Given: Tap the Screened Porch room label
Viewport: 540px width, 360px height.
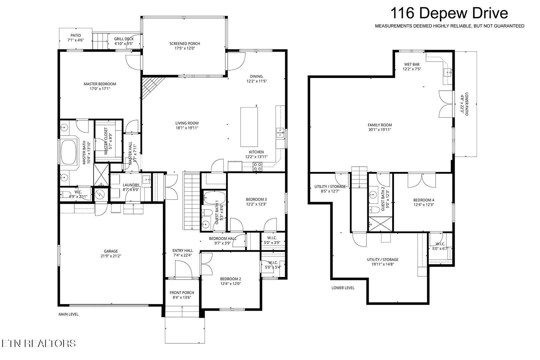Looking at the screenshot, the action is [x=185, y=44].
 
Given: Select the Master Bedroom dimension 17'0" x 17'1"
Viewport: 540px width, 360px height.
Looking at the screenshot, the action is [x=100, y=89].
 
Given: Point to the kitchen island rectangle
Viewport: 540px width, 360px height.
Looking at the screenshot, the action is [x=249, y=127].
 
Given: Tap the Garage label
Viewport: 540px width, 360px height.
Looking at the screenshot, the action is [x=111, y=251].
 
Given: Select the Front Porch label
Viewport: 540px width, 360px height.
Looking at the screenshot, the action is [x=182, y=293].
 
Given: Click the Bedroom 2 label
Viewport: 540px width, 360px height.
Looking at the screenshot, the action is [x=230, y=279].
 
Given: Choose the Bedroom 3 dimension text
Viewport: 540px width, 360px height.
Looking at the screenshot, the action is [x=256, y=204].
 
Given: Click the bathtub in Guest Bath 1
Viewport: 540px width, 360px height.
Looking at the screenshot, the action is [x=214, y=197].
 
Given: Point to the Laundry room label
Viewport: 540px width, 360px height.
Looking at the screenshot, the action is [x=131, y=185].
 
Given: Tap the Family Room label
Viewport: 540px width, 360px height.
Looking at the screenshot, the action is [x=380, y=125].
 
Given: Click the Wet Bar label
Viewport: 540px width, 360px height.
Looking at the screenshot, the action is [x=412, y=64].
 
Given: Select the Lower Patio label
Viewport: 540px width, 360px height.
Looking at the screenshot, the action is [x=466, y=104].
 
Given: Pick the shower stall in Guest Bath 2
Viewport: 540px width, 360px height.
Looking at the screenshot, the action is [x=381, y=224].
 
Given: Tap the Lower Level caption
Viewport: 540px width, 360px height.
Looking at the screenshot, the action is [x=343, y=288].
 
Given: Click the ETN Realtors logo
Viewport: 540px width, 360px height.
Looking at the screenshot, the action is [x=39, y=343].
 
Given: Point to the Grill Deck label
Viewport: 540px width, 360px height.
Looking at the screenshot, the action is [x=124, y=39].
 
